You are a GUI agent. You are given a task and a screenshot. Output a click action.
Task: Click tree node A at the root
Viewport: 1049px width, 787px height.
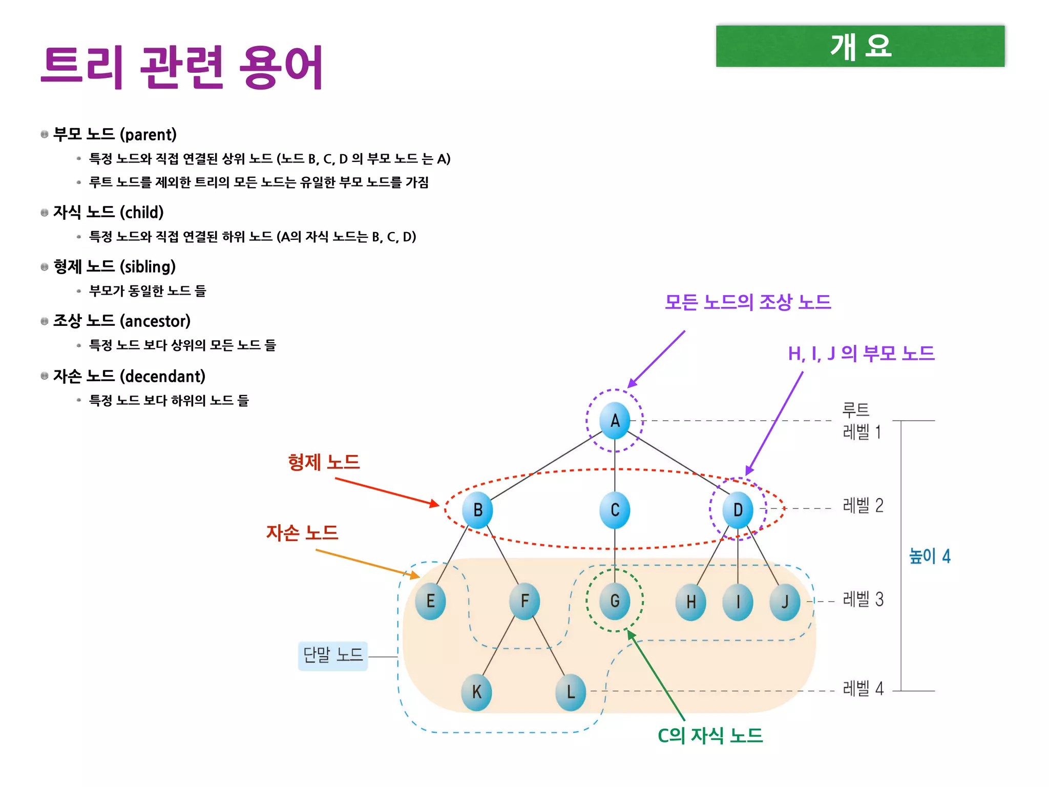pyautogui.click(x=615, y=421)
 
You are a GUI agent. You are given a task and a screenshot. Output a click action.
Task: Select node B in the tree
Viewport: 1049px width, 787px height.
pyautogui.click(x=477, y=510)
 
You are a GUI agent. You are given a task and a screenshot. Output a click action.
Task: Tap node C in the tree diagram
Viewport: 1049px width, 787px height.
pyautogui.click(x=615, y=510)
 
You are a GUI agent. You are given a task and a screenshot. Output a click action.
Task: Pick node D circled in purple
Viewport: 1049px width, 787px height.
pyautogui.click(x=738, y=510)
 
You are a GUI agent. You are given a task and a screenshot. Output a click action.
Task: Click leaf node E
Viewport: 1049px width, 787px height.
pyautogui.click(x=430, y=601)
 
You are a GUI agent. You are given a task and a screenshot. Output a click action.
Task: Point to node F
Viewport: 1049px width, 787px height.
pyautogui.click(x=524, y=601)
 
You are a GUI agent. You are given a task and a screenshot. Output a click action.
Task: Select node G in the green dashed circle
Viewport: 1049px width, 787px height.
pyautogui.click(x=615, y=601)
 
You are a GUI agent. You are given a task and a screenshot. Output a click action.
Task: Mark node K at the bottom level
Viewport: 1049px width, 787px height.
pyautogui.click(x=476, y=692)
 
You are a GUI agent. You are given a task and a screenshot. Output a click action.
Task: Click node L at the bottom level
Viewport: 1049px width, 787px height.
pyautogui.click(x=571, y=692)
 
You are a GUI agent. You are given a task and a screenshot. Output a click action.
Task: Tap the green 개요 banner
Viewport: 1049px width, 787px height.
pyautogui.click(x=860, y=46)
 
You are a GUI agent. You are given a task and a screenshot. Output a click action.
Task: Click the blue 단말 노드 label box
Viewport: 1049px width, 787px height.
pyautogui.click(x=333, y=655)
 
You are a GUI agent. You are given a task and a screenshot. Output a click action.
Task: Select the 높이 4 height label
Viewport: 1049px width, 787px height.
pyautogui.click(x=929, y=556)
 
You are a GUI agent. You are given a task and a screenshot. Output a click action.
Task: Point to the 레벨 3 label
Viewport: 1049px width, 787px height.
pyautogui.click(x=863, y=599)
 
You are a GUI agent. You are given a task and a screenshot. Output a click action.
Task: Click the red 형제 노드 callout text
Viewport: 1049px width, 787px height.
pyautogui.click(x=324, y=462)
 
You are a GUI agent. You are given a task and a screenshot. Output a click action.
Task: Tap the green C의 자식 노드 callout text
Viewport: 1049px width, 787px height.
pyautogui.click(x=710, y=736)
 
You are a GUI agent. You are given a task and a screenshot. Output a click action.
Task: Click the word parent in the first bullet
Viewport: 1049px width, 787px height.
pyautogui.click(x=148, y=135)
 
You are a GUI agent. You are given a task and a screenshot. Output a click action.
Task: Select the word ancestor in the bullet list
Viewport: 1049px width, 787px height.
pyautogui.click(x=155, y=321)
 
